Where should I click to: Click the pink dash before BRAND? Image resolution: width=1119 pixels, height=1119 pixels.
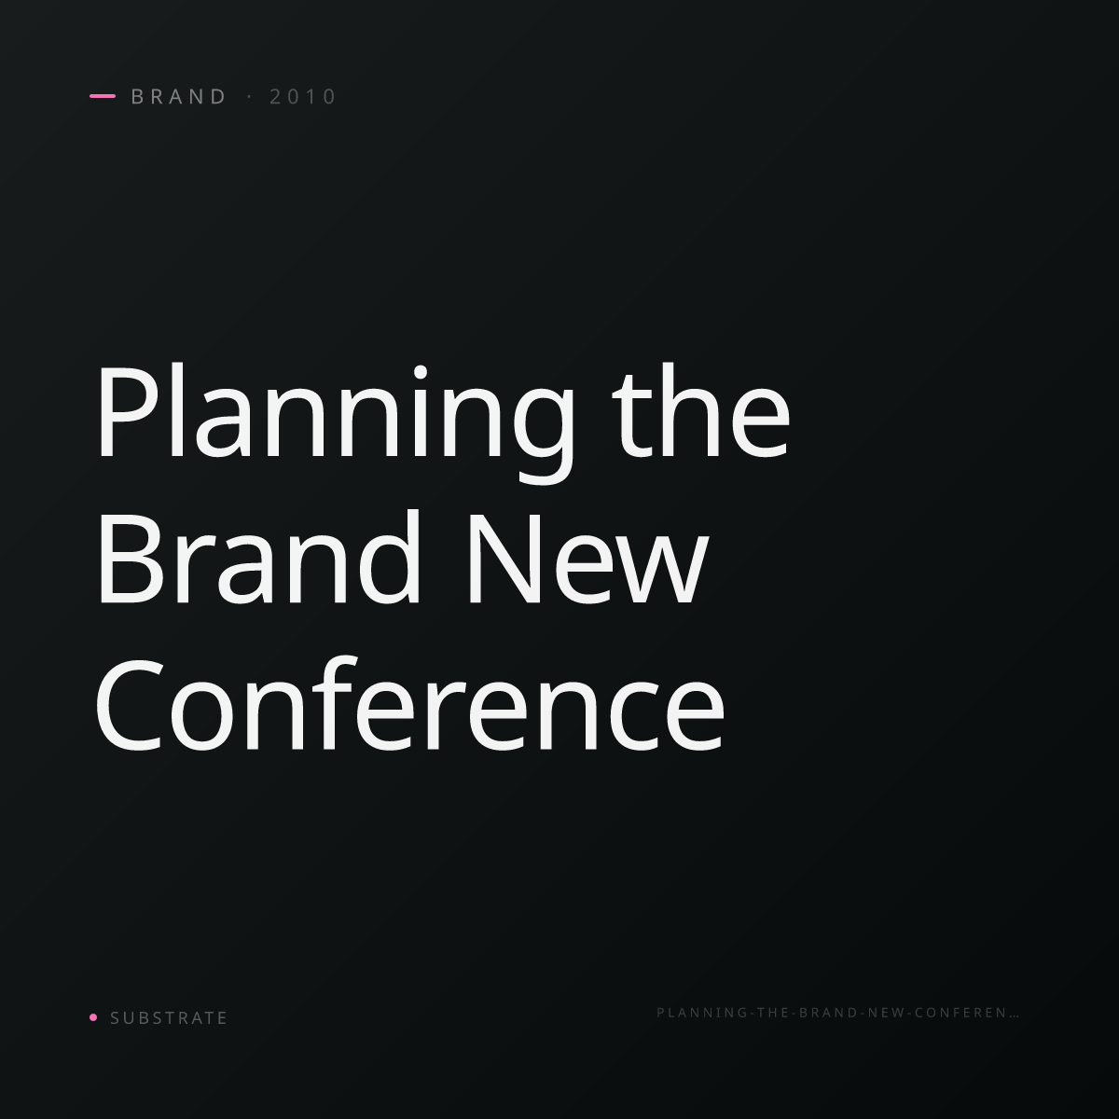pyautogui.click(x=103, y=96)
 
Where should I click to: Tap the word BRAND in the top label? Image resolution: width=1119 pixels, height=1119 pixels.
pyautogui.click(x=178, y=96)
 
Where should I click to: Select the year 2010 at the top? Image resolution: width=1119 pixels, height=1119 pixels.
pyautogui.click(x=302, y=96)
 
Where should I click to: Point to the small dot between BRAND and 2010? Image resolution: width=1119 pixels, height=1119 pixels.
pyautogui.click(x=250, y=96)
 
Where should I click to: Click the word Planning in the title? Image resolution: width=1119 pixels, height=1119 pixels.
pyautogui.click(x=335, y=421)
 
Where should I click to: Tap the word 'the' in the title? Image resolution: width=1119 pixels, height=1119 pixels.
pyautogui.click(x=701, y=410)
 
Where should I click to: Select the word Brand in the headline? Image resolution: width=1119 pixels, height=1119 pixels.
pyautogui.click(x=258, y=557)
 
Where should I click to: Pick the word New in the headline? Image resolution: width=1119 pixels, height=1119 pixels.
pyautogui.click(x=587, y=559)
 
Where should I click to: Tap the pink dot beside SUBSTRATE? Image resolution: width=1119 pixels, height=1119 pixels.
pyautogui.click(x=93, y=1016)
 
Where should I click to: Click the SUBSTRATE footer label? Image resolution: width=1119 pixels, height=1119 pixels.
pyautogui.click(x=169, y=1017)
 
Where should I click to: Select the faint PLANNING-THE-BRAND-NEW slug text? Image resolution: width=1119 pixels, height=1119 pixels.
pyautogui.click(x=838, y=1013)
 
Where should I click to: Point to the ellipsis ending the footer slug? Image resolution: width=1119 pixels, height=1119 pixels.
pyautogui.click(x=1015, y=1016)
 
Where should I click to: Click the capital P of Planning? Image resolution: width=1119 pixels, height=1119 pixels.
pyautogui.click(x=128, y=412)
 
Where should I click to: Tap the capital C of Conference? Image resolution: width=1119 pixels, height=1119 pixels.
pyautogui.click(x=129, y=704)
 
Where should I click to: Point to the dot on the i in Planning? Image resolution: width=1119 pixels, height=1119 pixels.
pyautogui.click(x=421, y=372)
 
